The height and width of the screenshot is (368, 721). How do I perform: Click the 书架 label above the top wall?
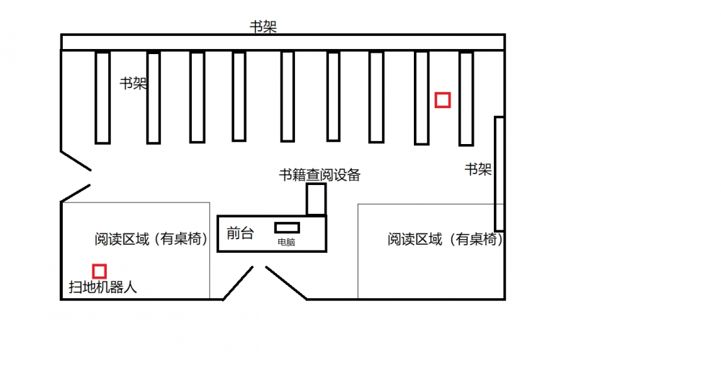point(263,27)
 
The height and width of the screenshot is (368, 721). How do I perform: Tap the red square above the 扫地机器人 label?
point(99,271)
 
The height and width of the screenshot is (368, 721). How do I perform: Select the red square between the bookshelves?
point(443,100)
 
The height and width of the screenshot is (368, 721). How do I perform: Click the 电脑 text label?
point(286,243)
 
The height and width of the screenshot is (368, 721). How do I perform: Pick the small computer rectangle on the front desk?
point(286,228)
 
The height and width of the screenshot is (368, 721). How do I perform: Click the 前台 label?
point(239,233)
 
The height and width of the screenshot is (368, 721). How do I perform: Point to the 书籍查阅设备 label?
point(319,174)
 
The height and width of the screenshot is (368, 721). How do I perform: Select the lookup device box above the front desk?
point(316,199)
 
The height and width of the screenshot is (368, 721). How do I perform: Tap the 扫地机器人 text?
point(102,287)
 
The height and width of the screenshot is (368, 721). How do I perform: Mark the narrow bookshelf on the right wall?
point(498,173)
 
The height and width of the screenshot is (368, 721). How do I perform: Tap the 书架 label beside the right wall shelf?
point(477,169)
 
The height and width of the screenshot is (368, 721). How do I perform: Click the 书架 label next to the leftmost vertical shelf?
point(133,83)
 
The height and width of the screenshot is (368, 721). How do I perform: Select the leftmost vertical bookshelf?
point(102,97)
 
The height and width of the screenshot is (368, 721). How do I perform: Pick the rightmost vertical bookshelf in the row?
point(466,97)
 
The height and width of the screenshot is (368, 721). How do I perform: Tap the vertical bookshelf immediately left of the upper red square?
point(422,97)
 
